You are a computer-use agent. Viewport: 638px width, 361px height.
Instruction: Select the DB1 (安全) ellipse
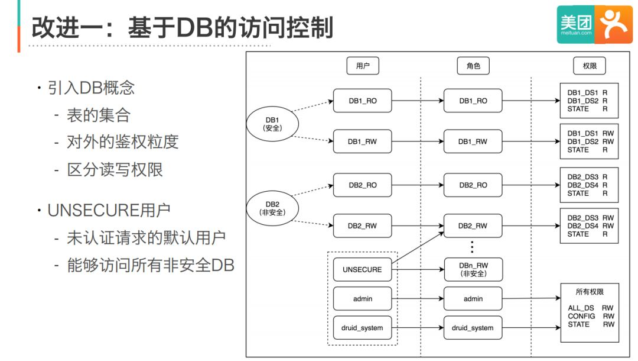(272, 124)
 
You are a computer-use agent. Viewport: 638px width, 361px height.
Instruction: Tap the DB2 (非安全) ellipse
(272, 208)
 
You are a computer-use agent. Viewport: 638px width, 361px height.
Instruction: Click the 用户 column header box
(363, 66)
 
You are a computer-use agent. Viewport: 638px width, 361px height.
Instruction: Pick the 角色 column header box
(473, 66)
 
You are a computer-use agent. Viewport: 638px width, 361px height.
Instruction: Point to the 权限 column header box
(590, 66)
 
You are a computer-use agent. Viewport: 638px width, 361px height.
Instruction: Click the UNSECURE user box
(362, 270)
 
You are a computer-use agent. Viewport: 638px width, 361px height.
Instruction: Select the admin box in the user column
(362, 299)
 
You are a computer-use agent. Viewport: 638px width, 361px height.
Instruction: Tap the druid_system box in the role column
(473, 328)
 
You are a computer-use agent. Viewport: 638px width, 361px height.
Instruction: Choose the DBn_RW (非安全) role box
(473, 270)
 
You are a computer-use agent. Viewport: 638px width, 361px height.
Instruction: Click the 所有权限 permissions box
(590, 312)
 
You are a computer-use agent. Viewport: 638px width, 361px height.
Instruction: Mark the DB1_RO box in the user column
(362, 101)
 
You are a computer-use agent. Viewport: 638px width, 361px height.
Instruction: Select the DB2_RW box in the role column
(473, 226)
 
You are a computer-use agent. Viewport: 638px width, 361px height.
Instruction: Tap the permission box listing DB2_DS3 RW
(590, 226)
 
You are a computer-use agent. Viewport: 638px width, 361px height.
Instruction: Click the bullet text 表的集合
(98, 114)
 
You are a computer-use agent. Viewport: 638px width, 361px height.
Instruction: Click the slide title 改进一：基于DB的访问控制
(182, 28)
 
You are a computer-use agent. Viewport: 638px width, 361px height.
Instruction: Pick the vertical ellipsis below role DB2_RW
(472, 247)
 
